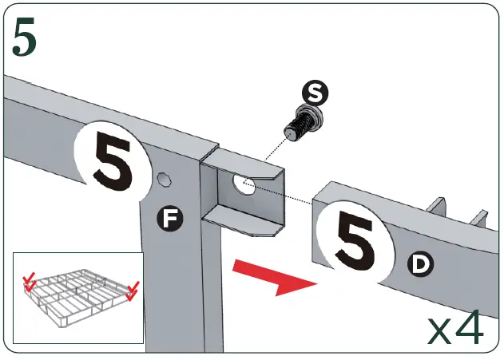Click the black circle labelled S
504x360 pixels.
coord(317,95)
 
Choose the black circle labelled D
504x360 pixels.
coord(419,263)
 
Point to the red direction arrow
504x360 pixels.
coord(271,276)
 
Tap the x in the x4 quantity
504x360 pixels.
coord(441,330)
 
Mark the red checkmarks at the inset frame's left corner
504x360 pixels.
coord(30,282)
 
